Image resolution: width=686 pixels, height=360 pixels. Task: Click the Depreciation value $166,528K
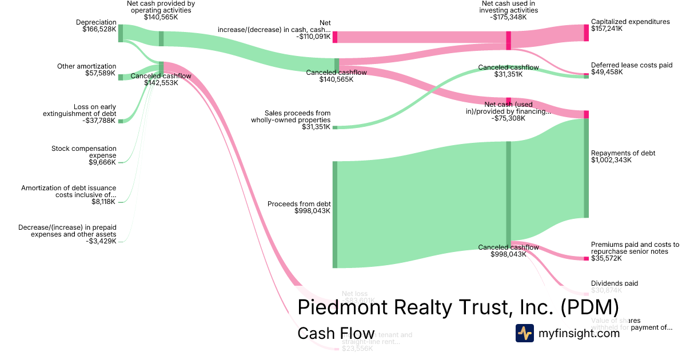point(99,29)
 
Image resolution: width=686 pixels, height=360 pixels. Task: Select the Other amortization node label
point(86,66)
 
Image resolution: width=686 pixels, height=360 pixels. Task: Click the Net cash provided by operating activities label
point(161,7)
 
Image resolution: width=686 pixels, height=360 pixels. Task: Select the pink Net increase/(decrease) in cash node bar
point(335,37)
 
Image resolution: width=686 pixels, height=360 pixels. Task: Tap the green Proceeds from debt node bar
point(335,214)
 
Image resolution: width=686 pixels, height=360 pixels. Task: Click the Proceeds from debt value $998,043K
point(312,211)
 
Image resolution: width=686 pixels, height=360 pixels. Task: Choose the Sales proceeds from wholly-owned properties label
point(290,117)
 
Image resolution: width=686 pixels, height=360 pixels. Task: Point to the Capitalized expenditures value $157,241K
point(607,29)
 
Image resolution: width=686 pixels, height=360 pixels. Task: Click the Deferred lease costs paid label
point(632,65)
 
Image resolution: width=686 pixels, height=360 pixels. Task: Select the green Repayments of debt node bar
point(586,168)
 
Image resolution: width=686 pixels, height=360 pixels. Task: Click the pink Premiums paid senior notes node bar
point(586,259)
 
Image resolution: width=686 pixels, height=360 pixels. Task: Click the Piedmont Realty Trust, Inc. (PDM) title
point(458,307)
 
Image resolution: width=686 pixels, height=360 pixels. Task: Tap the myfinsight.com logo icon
point(524,333)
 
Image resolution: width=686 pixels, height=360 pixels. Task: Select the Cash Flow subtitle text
point(336,334)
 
